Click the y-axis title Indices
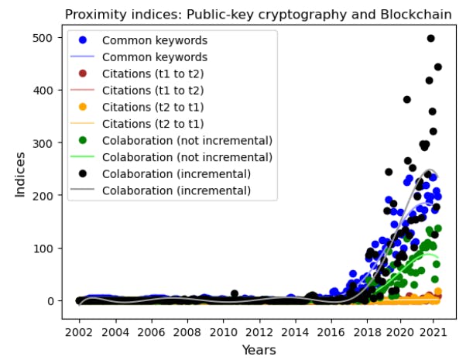coord(22,173)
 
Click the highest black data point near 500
coord(431,38)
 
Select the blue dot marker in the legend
coord(84,40)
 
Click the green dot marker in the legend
coord(84,140)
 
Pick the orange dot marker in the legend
coord(84,107)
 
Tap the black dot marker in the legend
coord(84,173)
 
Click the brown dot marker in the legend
coord(84,74)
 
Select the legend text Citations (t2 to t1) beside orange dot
coord(153,107)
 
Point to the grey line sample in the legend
coord(84,190)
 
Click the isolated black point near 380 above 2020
coord(407,100)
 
